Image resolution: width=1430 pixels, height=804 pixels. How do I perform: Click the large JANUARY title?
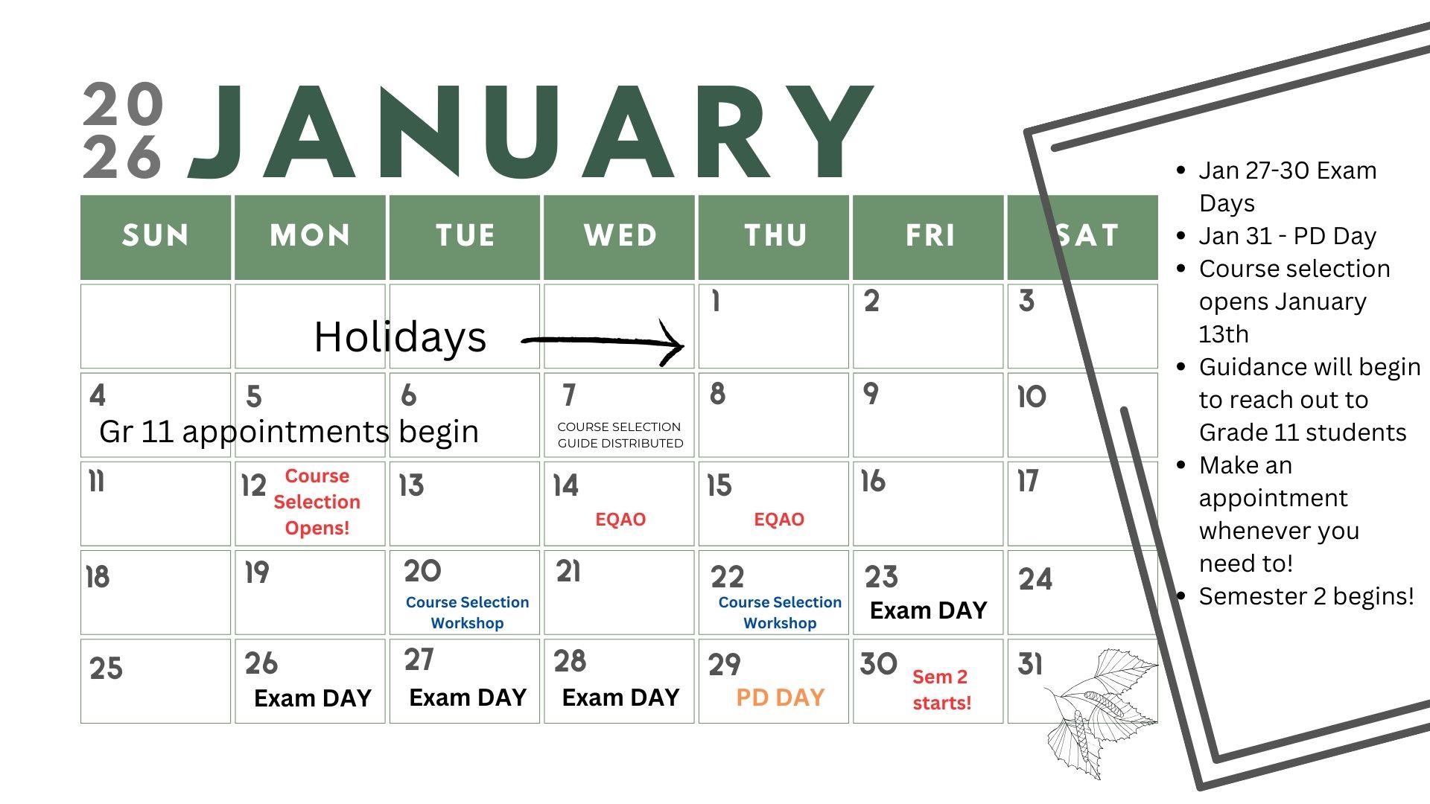[530, 133]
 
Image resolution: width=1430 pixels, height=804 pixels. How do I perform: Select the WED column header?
[620, 235]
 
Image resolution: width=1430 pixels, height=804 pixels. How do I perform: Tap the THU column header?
[775, 235]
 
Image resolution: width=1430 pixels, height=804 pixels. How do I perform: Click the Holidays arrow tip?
[683, 345]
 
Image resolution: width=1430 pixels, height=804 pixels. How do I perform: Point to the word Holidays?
[400, 337]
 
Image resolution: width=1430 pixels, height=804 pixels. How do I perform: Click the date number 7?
[569, 395]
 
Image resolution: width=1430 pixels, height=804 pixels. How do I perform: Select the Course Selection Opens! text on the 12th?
[317, 502]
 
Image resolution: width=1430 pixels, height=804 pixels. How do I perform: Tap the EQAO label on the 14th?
[620, 519]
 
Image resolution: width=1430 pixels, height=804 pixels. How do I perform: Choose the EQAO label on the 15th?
[779, 519]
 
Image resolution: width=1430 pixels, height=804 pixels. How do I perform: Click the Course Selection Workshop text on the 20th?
[468, 612]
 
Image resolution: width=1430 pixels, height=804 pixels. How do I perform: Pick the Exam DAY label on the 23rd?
[928, 610]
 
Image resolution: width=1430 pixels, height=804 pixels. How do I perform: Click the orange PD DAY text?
[781, 697]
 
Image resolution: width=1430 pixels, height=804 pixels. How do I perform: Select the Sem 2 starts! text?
[941, 689]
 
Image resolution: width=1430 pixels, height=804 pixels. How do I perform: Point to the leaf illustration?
[1099, 711]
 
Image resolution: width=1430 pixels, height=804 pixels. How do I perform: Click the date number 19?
[257, 572]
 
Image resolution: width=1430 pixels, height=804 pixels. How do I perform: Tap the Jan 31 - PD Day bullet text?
[1288, 236]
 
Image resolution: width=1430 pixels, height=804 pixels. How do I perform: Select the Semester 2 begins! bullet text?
[1306, 596]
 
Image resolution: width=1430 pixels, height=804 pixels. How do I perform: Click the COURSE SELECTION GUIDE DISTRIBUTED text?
[620, 435]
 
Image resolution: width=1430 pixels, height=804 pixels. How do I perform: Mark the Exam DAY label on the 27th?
[468, 698]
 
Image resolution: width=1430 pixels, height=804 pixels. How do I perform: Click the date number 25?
[106, 668]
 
